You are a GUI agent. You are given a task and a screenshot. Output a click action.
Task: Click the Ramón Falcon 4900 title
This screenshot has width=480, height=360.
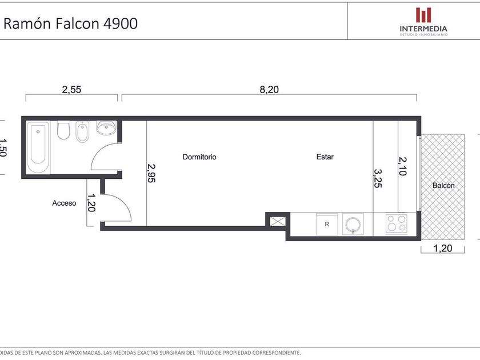pos(70,23)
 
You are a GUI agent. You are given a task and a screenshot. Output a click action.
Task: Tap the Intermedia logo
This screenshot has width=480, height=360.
pos(423,22)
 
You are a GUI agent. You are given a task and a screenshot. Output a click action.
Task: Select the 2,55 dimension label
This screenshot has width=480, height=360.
pos(71,89)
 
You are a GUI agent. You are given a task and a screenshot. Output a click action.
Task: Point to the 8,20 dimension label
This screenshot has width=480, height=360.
pos(269,89)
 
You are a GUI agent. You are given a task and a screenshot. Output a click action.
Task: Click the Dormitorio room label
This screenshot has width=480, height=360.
pos(199,157)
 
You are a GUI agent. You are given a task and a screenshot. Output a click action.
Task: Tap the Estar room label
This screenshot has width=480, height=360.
pos(325,157)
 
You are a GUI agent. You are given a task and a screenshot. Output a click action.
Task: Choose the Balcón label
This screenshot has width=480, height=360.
pos(443,185)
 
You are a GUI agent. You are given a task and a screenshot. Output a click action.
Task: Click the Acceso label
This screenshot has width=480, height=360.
pos(64,203)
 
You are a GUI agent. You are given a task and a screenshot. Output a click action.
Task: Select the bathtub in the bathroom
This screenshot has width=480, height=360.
pos(38,147)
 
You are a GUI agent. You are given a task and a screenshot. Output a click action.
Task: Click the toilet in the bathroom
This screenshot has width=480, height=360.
pos(63,130)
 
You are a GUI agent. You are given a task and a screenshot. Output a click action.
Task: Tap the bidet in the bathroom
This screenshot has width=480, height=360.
pos(82,131)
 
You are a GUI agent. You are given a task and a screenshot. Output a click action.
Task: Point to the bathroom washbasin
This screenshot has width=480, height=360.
pos(106,127)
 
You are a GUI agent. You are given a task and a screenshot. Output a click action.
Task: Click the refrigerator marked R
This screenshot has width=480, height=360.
pos(327,225)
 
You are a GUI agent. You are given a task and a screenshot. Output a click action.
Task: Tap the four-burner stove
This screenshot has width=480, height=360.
pos(397,223)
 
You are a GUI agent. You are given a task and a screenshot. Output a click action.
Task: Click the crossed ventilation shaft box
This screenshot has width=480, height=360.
pos(277,221)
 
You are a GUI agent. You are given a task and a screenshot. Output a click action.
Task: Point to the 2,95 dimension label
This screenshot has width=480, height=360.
pos(151,173)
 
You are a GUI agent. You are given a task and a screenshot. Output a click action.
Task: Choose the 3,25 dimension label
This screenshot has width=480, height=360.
pos(378,178)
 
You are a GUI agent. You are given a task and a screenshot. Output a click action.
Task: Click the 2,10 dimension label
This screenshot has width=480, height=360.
pos(403,166)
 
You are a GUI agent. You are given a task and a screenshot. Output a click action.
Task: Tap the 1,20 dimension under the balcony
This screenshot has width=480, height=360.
pos(443,248)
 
